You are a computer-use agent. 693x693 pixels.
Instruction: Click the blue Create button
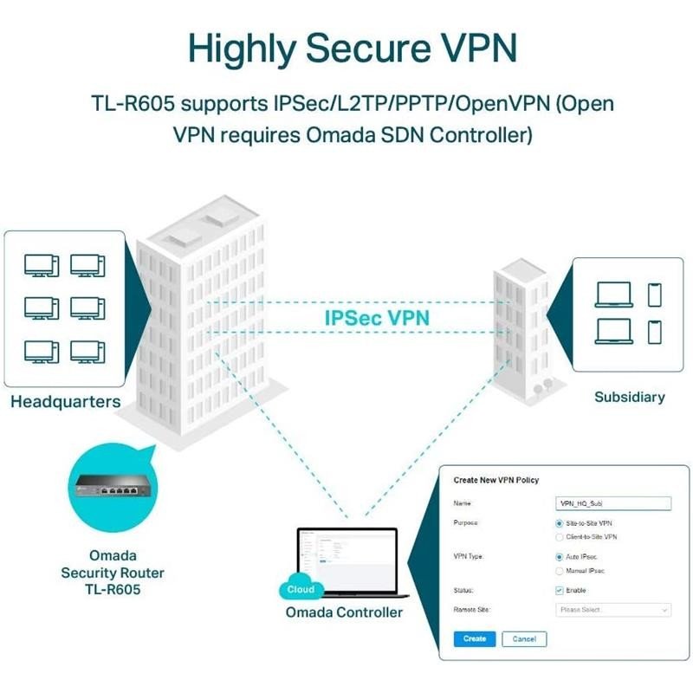click(x=474, y=638)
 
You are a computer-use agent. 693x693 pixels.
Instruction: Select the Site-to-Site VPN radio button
click(x=559, y=524)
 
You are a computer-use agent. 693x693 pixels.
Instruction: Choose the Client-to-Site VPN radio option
click(x=559, y=537)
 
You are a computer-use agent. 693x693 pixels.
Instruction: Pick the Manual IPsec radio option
click(x=559, y=571)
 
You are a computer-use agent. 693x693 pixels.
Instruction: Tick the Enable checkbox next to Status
click(x=559, y=590)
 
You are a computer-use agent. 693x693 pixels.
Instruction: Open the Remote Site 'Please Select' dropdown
click(x=612, y=610)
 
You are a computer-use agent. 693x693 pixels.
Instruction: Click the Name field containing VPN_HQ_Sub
click(x=612, y=502)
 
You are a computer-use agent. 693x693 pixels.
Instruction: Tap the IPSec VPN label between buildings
click(x=377, y=317)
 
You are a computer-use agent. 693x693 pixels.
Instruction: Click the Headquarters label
click(x=66, y=402)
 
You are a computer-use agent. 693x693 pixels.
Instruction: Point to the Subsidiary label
click(x=629, y=398)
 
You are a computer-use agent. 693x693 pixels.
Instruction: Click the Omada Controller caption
click(x=344, y=612)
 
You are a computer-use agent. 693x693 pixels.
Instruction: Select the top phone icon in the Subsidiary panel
click(x=654, y=295)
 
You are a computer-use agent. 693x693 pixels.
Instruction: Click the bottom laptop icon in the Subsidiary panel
click(x=614, y=331)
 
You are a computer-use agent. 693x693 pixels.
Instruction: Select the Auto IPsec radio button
click(x=559, y=557)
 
